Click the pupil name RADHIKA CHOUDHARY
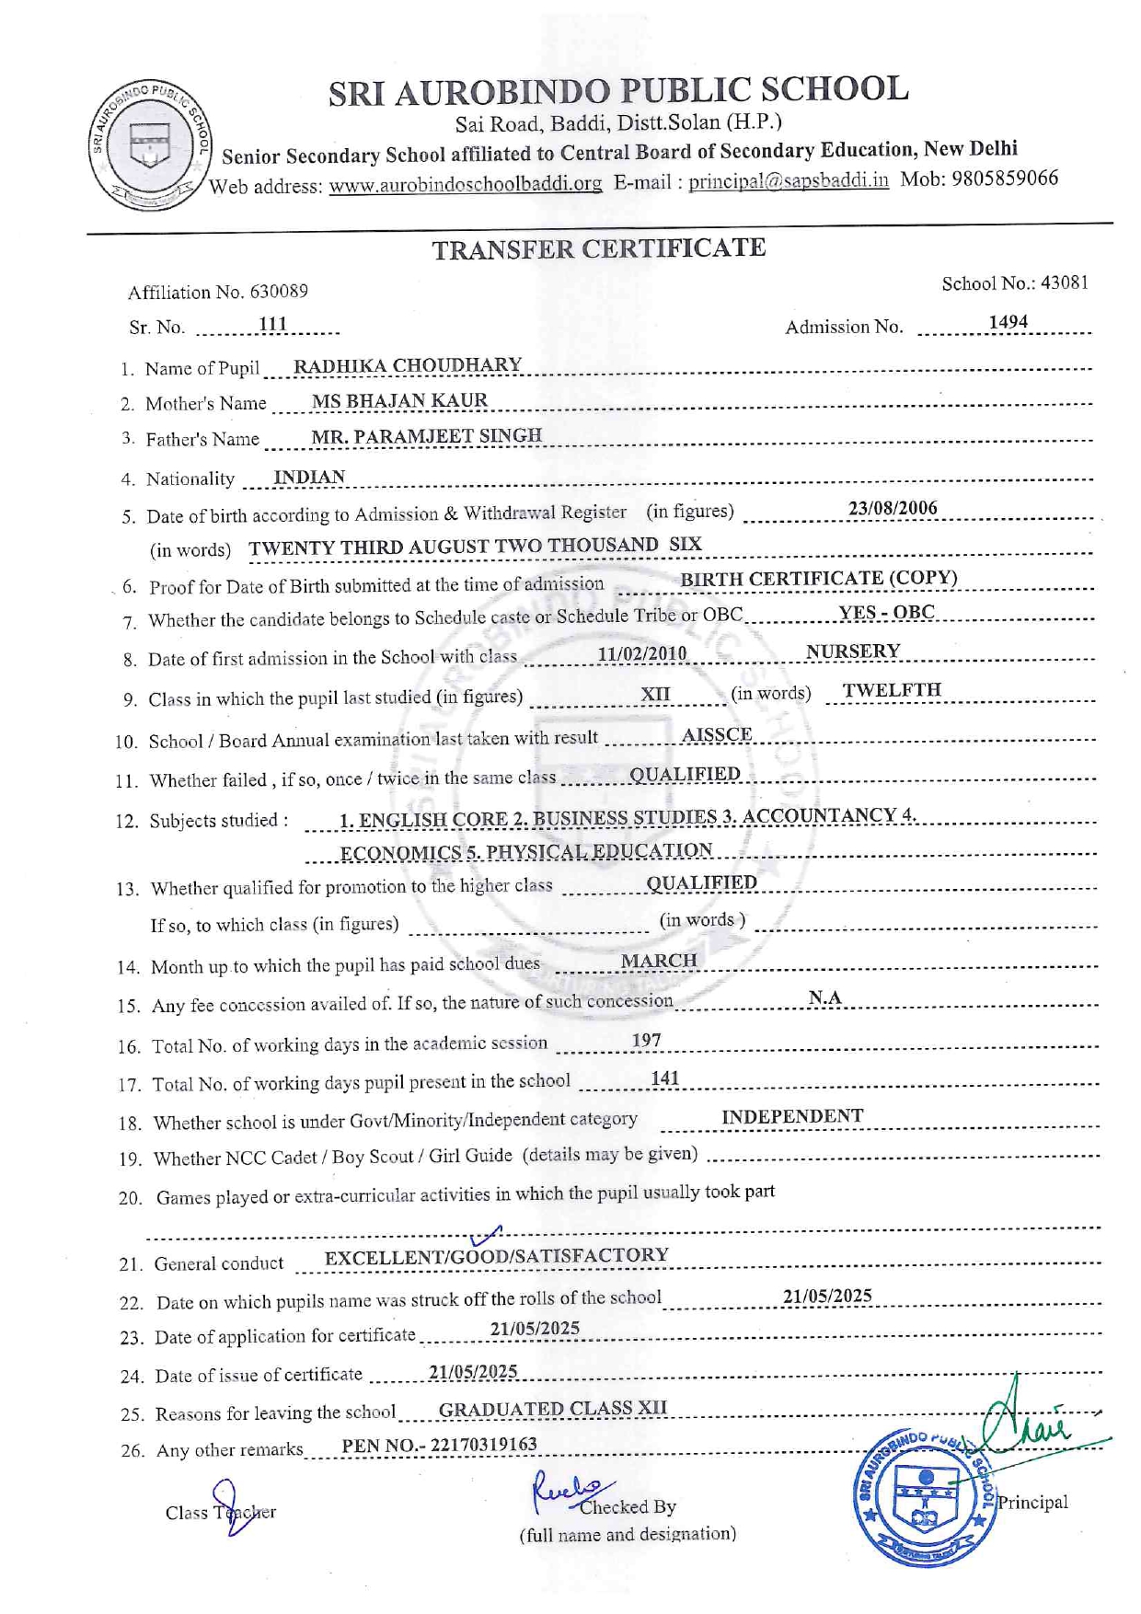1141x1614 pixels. click(407, 365)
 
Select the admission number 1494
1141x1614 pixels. click(1008, 322)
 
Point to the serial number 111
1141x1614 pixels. click(272, 324)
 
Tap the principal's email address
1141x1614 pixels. click(789, 180)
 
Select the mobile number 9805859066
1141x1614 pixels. click(1005, 178)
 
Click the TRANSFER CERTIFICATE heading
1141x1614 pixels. click(598, 248)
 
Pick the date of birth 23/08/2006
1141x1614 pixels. click(892, 508)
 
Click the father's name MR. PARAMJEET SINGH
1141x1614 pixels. click(426, 435)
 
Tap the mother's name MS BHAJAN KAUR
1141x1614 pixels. click(399, 400)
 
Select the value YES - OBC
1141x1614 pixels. click(886, 613)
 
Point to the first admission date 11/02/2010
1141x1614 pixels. click(641, 653)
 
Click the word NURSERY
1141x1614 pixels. click(852, 651)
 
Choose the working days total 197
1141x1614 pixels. click(646, 1040)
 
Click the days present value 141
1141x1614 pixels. click(664, 1078)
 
